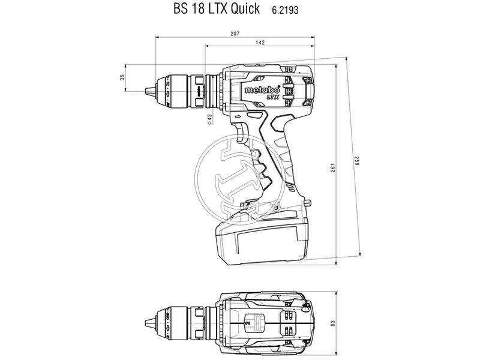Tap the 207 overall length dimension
click(235, 35)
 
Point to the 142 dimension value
click(260, 43)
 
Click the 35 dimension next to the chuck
click(122, 77)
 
